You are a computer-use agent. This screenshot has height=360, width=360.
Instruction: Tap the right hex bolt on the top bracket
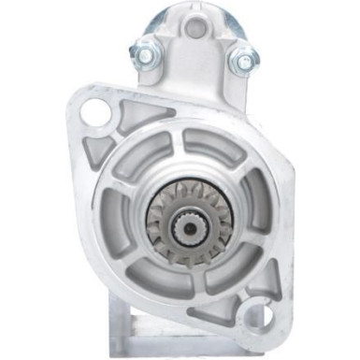tap(244, 62)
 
